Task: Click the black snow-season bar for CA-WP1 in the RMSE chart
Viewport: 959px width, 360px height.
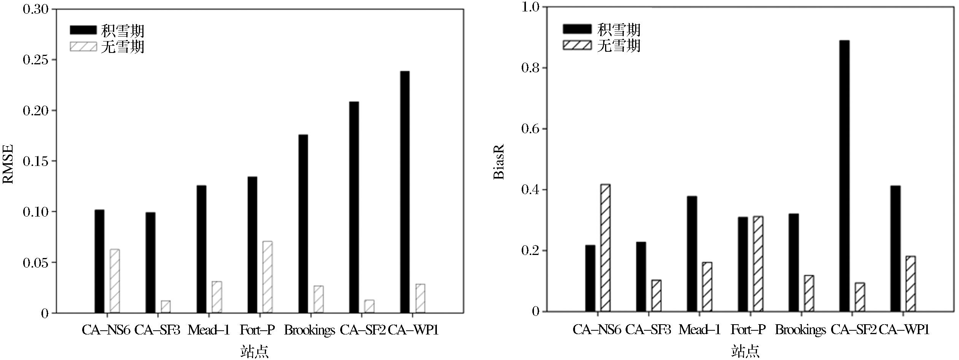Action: (405, 192)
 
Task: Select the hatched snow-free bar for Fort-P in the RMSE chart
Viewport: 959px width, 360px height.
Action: (268, 277)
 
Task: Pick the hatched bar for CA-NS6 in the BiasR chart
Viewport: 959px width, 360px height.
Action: (605, 248)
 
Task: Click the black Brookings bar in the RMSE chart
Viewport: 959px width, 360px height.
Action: (303, 224)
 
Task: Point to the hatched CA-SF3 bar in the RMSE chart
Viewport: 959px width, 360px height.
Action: (166, 307)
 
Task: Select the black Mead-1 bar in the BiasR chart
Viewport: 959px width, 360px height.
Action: (692, 254)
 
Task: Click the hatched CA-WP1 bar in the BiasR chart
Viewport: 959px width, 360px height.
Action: (911, 284)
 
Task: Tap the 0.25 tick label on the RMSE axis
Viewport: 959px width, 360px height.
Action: (35, 60)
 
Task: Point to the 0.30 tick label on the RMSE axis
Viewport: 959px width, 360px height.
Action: (35, 9)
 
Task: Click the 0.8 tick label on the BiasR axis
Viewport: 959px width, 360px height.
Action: (530, 68)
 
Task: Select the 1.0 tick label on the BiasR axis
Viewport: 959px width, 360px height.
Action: (530, 7)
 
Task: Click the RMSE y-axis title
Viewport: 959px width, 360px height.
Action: (8, 164)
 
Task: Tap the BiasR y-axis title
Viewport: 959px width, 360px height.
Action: (499, 161)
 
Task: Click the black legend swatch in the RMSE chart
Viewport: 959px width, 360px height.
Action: (83, 30)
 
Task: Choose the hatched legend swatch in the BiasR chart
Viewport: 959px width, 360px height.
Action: (577, 45)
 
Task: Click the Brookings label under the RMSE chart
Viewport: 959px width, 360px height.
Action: (309, 330)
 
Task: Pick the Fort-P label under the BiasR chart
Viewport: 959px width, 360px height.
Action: (748, 329)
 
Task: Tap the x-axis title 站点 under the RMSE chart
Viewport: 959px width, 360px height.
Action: (254, 351)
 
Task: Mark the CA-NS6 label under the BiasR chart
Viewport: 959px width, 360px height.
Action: (597, 329)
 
